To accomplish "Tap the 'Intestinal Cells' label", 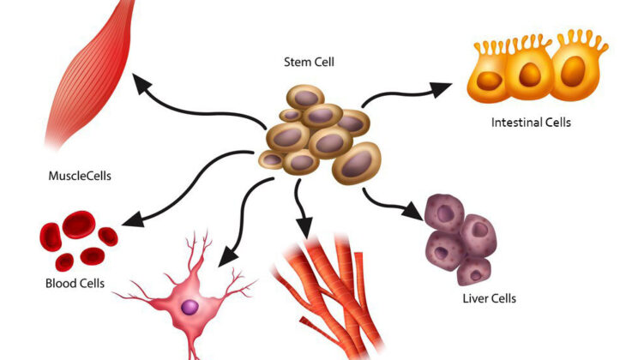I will tap(531, 123).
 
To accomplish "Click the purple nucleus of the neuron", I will tap(190, 306).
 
